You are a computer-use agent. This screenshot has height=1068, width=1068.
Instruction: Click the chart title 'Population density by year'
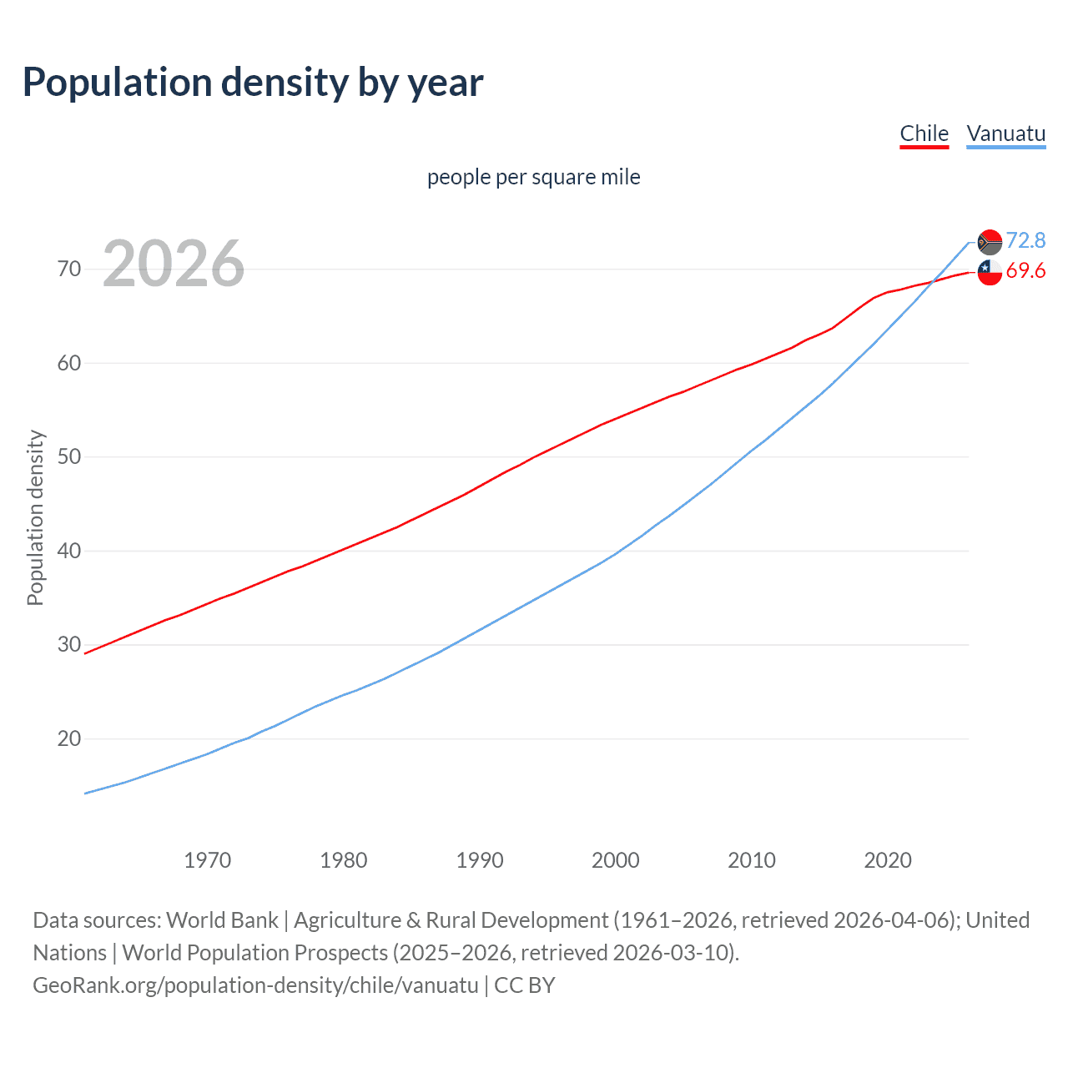coord(253,83)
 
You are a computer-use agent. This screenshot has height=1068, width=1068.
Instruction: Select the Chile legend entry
coord(924,133)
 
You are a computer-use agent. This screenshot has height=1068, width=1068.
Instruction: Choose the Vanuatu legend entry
coord(1005,133)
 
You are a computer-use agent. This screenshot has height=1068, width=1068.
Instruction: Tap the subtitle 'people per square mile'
coord(533,177)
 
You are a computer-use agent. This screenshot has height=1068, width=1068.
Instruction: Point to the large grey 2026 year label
coord(174,264)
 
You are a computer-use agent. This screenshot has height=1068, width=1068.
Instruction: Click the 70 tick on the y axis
coord(69,269)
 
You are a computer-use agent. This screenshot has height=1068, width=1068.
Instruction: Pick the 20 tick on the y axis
coord(69,738)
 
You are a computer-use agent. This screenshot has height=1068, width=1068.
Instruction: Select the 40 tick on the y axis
coord(69,551)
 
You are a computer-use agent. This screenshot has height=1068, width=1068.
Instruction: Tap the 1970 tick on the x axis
coord(208,860)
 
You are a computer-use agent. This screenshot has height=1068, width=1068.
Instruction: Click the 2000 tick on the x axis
coord(616,860)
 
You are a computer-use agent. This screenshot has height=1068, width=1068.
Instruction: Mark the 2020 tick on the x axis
coord(888,860)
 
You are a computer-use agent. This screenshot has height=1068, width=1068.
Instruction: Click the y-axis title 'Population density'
coord(35,517)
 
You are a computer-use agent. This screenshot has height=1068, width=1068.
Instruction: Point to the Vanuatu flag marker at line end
coord(990,242)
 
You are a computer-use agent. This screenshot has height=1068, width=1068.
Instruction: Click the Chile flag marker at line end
coord(990,272)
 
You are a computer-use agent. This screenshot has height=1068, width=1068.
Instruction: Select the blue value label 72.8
coord(1025,240)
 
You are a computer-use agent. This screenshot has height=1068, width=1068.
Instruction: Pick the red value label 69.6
coord(1025,271)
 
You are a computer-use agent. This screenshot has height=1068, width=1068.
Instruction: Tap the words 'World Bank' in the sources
coord(222,920)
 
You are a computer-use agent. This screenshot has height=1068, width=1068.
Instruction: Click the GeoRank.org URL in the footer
coord(255,985)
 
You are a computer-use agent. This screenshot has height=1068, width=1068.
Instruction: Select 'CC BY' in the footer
coord(525,985)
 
